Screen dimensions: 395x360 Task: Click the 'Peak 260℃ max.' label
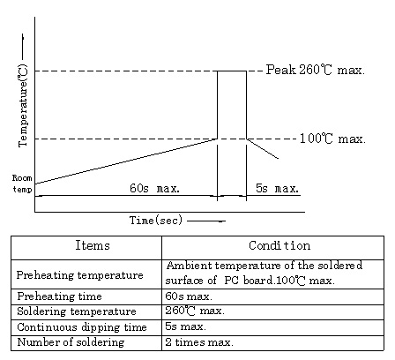pyautogui.click(x=316, y=70)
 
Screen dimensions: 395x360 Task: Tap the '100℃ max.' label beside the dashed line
pyautogui.click(x=332, y=139)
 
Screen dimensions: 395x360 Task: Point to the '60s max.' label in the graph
pyautogui.click(x=154, y=188)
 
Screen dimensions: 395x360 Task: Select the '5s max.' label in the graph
pyautogui.click(x=277, y=188)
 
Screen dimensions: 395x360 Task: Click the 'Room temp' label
pyautogui.click(x=22, y=184)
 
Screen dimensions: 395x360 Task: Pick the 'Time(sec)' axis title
pyautogui.click(x=156, y=221)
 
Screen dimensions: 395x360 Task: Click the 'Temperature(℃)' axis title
pyautogui.click(x=23, y=105)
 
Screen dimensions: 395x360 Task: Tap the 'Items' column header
pyautogui.click(x=93, y=245)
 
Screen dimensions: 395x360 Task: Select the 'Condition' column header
pyautogui.click(x=279, y=245)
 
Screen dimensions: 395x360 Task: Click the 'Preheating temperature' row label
pyautogui.click(x=80, y=275)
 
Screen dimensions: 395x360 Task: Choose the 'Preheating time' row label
pyautogui.click(x=59, y=296)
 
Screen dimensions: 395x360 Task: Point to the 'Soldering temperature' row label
pyautogui.click(x=77, y=311)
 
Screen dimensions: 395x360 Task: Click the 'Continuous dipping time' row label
pyautogui.click(x=82, y=327)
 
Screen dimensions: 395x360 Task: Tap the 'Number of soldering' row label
pyautogui.click(x=71, y=342)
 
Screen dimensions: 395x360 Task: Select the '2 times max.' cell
pyautogui.click(x=199, y=342)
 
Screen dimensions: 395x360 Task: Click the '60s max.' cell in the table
pyautogui.click(x=189, y=296)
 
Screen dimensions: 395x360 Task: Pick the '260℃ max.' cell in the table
pyautogui.click(x=195, y=311)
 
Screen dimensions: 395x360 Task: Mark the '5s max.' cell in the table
pyautogui.click(x=185, y=326)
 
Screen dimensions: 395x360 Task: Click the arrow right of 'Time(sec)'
pyautogui.click(x=206, y=221)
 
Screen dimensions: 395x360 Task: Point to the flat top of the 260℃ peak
pyautogui.click(x=232, y=71)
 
